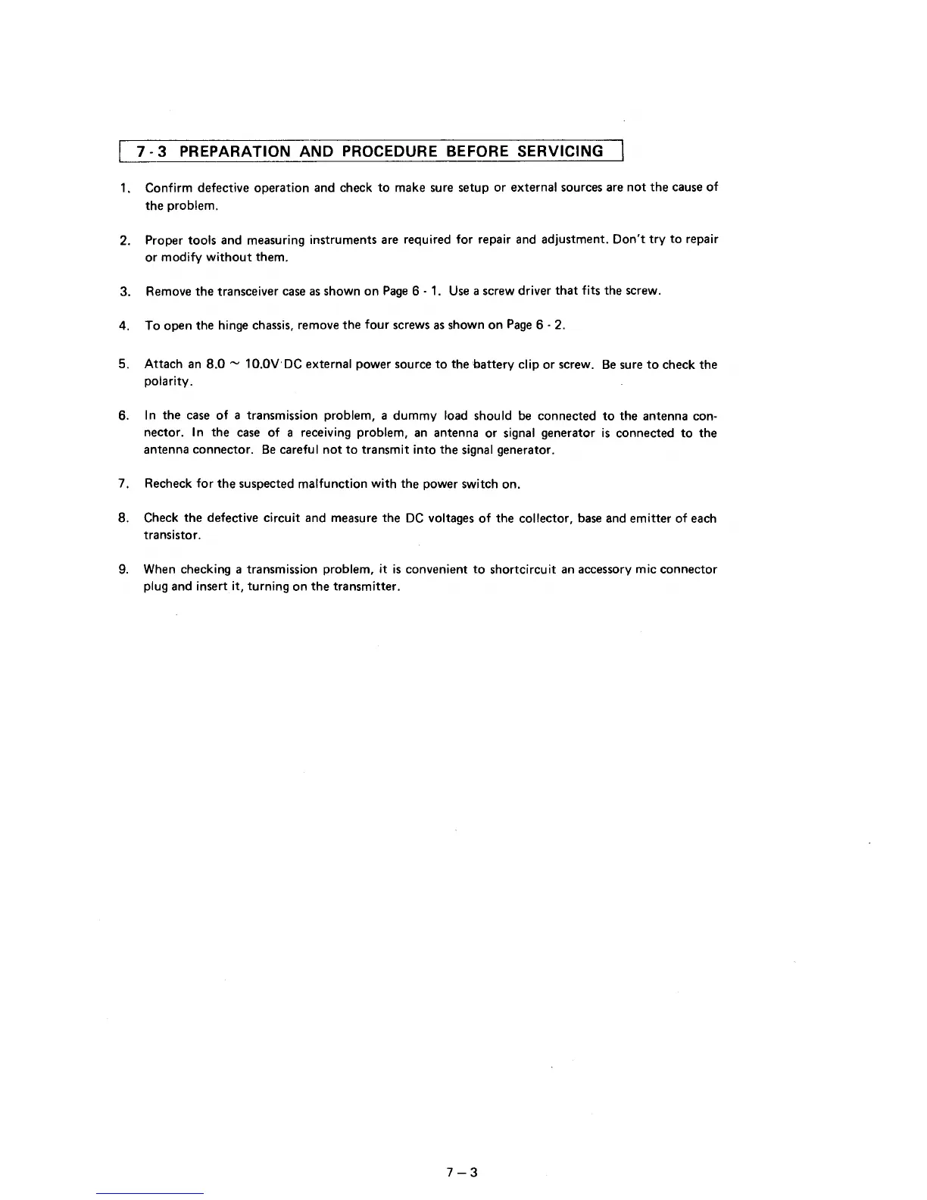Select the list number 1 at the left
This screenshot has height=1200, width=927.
[123, 188]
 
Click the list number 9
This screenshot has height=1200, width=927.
[123, 569]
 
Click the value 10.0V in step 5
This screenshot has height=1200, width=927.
[262, 364]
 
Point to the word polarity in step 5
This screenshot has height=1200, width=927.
[167, 382]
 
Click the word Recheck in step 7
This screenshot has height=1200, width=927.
[169, 484]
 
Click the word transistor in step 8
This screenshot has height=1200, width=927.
[171, 536]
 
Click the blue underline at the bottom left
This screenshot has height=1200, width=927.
[150, 1193]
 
